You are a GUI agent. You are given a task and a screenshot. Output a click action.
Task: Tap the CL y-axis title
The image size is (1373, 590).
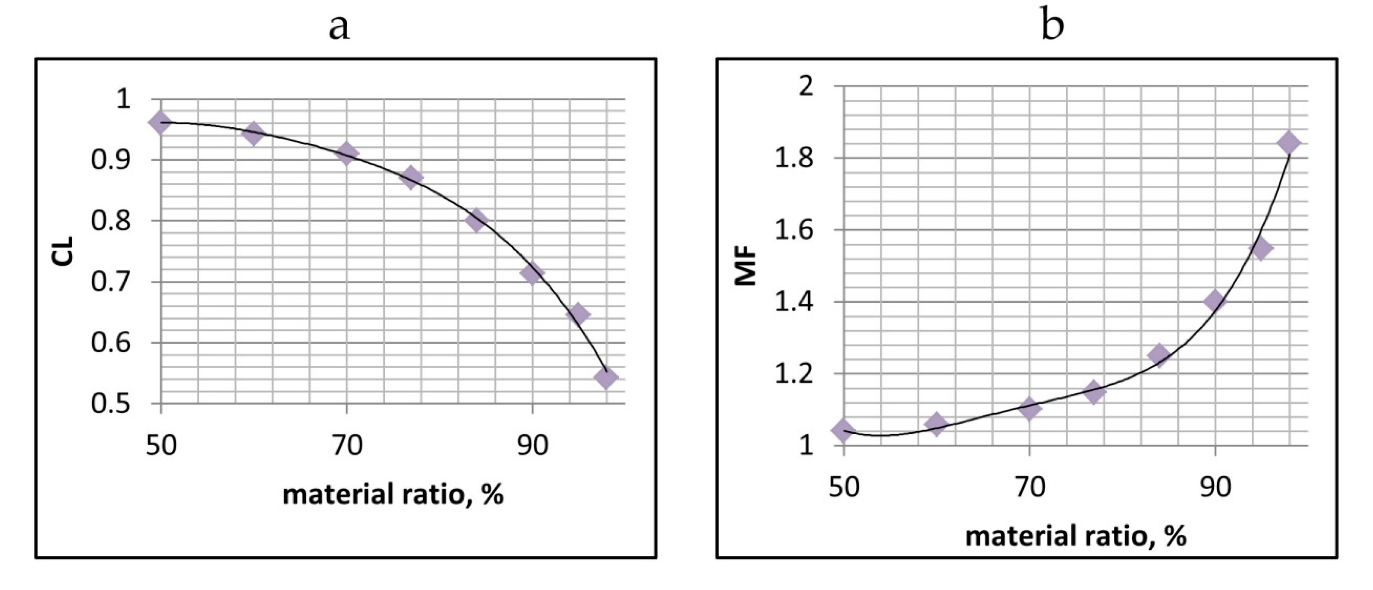[63, 251]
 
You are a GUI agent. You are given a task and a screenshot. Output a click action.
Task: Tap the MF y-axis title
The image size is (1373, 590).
[746, 265]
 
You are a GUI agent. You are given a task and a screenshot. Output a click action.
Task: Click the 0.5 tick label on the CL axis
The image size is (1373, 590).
[110, 404]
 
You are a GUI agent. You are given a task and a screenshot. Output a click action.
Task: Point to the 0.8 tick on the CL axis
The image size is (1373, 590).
[110, 221]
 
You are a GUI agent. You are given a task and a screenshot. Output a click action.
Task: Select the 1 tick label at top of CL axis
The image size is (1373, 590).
[124, 99]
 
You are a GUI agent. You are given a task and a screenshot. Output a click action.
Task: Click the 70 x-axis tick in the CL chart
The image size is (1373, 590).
[347, 445]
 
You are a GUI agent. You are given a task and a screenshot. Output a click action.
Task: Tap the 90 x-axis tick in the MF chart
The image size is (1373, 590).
[1215, 486]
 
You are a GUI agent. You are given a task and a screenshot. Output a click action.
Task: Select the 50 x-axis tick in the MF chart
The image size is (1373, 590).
[844, 486]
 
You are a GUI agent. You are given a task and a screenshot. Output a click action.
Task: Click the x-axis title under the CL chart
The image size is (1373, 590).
[393, 495]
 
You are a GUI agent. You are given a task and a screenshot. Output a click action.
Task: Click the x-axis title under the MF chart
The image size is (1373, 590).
[1076, 536]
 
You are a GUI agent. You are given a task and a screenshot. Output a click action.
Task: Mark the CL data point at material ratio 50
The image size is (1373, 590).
[160, 123]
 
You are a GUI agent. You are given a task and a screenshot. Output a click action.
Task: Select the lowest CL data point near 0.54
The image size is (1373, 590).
[605, 378]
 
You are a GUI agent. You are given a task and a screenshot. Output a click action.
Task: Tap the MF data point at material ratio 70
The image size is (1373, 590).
[1029, 409]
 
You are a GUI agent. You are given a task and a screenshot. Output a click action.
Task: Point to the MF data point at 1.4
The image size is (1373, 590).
[1215, 301]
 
